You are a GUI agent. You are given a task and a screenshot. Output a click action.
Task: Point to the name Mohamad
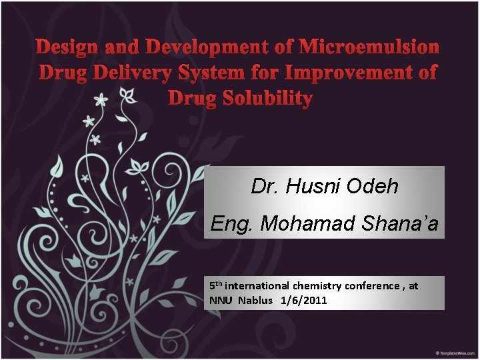click(308, 224)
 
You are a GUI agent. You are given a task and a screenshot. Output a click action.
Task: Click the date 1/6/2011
click(304, 300)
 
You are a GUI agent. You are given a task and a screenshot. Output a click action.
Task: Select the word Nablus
click(256, 300)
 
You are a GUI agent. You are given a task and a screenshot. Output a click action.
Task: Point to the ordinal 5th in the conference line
click(215, 285)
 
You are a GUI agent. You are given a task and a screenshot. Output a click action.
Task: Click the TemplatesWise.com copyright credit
click(455, 352)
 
